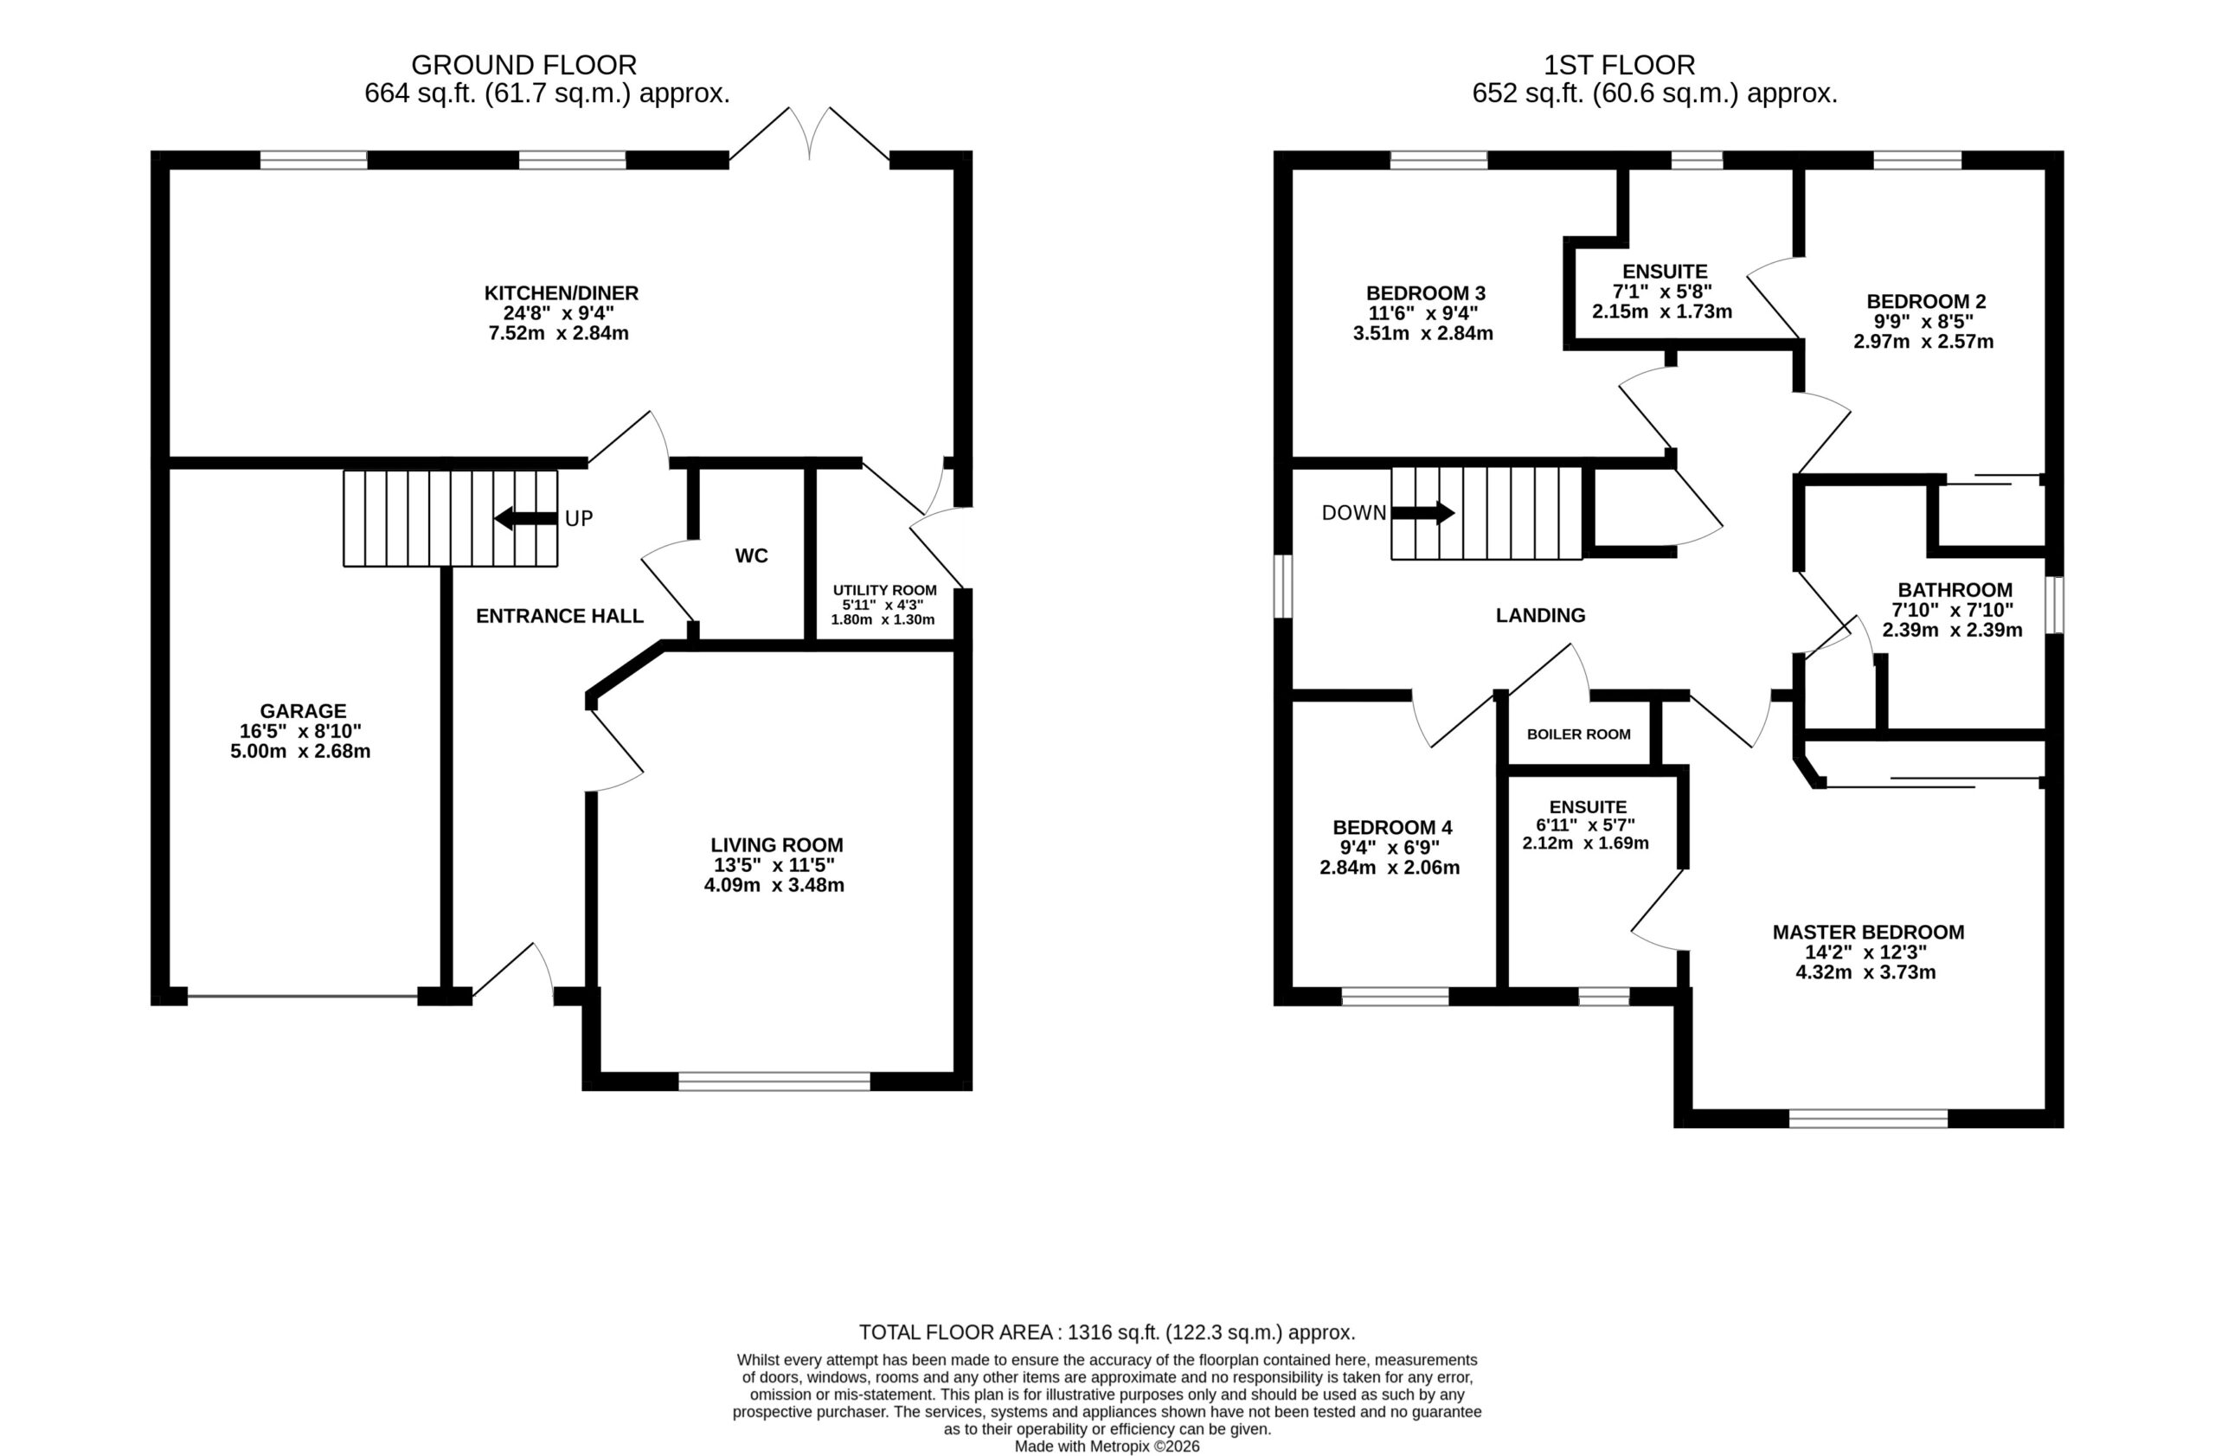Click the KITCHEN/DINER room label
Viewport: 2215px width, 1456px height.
[x=562, y=293]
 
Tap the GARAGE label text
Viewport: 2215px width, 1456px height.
[x=303, y=712]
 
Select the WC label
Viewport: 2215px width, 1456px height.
[x=751, y=556]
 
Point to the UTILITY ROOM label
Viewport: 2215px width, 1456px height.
[x=884, y=590]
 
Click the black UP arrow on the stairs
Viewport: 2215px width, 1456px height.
[x=526, y=518]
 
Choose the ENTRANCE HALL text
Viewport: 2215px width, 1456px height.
[x=559, y=616]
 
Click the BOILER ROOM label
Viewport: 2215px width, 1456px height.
[x=1578, y=734]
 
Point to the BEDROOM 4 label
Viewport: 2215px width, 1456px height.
[x=1392, y=828]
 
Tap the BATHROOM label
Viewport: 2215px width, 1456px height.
[x=1955, y=590]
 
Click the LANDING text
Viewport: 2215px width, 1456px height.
[x=1540, y=615]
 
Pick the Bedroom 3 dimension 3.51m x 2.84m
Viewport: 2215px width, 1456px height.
[x=1423, y=333]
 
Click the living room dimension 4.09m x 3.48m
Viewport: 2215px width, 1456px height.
[x=774, y=885]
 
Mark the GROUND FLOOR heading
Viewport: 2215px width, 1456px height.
[x=524, y=65]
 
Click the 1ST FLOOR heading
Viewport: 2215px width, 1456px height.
[x=1620, y=65]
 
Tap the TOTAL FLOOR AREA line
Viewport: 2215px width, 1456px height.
[x=1107, y=1332]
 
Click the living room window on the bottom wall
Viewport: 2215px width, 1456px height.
[x=774, y=1081]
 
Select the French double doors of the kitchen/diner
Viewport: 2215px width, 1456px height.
[x=810, y=135]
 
